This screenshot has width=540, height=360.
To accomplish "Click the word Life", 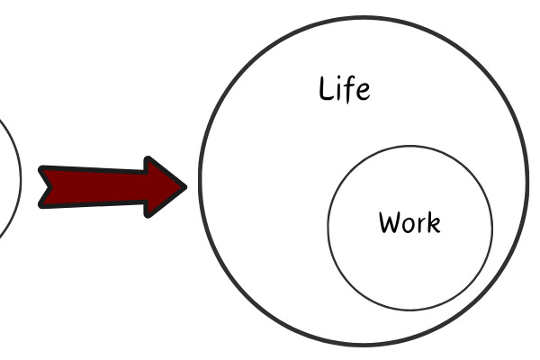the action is [345, 89].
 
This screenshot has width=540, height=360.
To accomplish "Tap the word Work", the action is [409, 221].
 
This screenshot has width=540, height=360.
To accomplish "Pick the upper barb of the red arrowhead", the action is [148, 161].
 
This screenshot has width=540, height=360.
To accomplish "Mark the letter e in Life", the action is [363, 92].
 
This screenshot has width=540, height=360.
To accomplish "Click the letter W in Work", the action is [390, 221].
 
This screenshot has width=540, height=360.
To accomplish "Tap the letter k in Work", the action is [433, 221].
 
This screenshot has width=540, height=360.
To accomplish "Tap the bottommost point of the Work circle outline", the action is [410, 310].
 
